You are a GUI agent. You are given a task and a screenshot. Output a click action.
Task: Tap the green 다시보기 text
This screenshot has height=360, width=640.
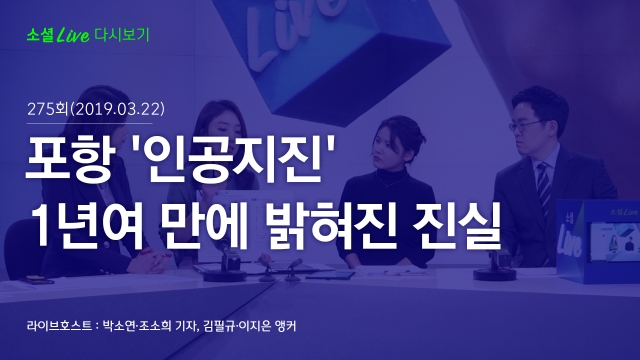tap(122, 35)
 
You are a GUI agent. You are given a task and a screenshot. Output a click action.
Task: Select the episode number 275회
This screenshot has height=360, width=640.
tap(47, 109)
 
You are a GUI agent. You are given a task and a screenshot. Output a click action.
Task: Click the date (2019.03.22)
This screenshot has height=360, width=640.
tap(118, 109)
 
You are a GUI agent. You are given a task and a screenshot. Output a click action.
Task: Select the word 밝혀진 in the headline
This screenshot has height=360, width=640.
tap(332, 224)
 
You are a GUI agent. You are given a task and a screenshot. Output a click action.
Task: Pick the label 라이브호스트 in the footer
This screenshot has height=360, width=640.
tap(59, 326)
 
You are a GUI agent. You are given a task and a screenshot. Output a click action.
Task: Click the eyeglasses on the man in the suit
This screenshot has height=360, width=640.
tap(526, 125)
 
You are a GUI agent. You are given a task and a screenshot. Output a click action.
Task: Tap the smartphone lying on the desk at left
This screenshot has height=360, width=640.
tap(36, 280)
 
